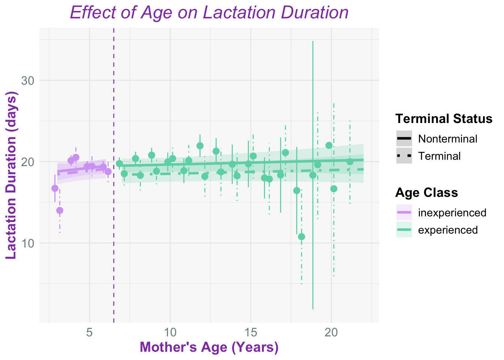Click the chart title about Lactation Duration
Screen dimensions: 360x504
click(209, 13)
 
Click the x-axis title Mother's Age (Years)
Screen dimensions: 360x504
click(209, 347)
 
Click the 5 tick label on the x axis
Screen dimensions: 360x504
click(90, 332)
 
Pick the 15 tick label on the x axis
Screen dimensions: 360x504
click(250, 332)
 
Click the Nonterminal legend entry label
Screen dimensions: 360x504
click(448, 139)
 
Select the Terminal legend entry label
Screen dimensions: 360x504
click(439, 156)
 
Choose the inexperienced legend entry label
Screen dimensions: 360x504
click(452, 213)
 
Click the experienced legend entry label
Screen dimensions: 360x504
click(448, 230)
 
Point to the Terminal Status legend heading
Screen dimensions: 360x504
click(444, 119)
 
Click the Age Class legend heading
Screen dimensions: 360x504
click(426, 193)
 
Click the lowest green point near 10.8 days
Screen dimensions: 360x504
click(301, 237)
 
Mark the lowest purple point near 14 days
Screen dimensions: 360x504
click(60, 210)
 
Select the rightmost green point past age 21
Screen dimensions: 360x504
click(350, 162)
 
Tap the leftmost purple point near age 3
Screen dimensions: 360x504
click(55, 188)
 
